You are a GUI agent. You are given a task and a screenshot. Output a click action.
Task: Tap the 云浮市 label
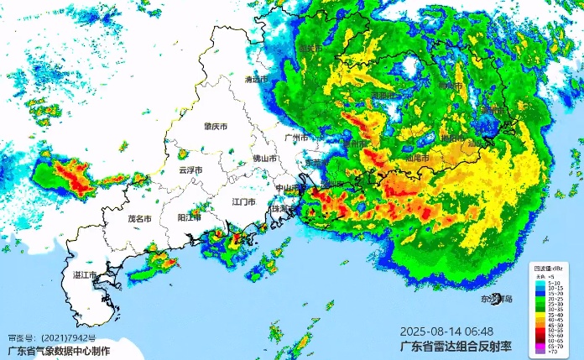(x=192, y=170)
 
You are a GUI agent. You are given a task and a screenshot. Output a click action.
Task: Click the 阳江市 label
(x=190, y=217)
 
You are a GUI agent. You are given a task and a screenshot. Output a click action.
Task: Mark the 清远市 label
(x=256, y=80)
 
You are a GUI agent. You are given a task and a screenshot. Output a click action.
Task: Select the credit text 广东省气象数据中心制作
(x=58, y=351)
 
